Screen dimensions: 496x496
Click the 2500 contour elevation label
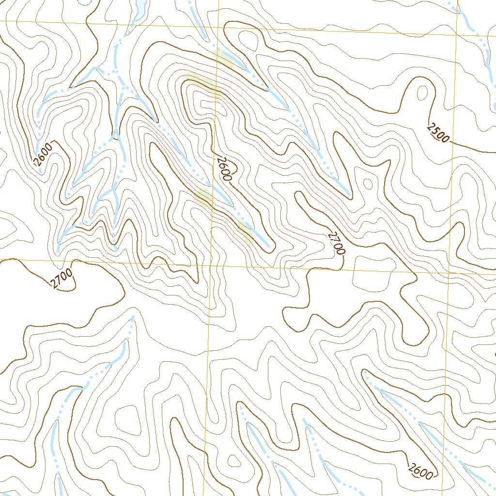click(438, 133)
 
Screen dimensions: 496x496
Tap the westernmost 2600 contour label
click(42, 157)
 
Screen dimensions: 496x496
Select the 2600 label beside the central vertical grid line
click(224, 169)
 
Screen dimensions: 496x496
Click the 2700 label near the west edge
click(62, 279)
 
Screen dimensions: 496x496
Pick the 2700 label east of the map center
click(336, 244)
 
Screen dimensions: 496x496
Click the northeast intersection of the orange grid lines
click(456, 35)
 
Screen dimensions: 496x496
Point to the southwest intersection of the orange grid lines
click(211, 264)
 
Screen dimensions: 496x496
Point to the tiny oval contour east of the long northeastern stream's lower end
click(368, 184)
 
